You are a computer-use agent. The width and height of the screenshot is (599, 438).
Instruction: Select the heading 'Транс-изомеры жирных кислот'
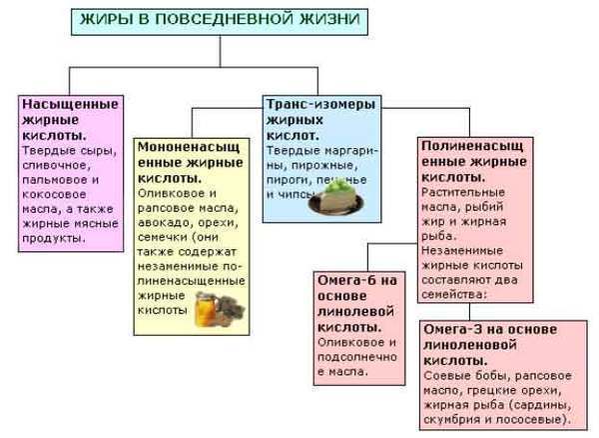(x=309, y=118)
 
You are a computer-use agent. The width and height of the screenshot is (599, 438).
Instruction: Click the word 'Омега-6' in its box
(x=341, y=280)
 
